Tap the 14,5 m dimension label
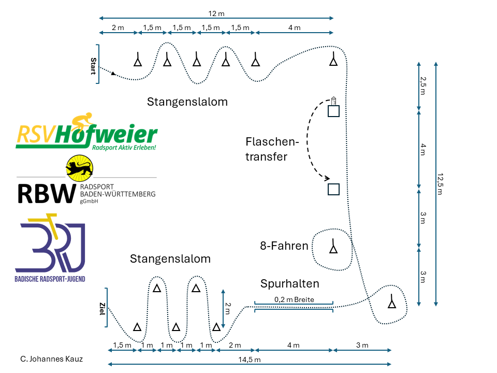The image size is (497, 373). [249, 359]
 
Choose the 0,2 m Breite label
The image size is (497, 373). [294, 299]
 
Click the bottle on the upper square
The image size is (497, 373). [334, 99]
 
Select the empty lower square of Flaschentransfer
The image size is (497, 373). [334, 189]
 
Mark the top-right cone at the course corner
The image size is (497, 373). [333, 60]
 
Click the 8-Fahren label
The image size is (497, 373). [284, 246]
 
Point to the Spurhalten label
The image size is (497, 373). [289, 283]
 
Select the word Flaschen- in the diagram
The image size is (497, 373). [273, 141]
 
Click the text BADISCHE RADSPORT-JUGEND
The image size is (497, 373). [50, 279]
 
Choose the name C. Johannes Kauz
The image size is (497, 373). [51, 358]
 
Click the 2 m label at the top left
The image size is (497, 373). [118, 27]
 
